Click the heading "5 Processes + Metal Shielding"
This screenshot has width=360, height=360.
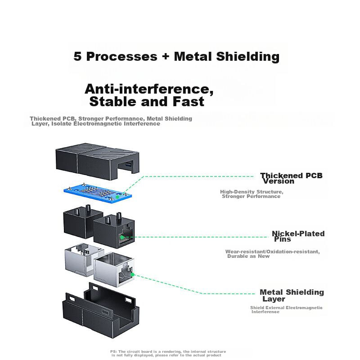click(x=176, y=57)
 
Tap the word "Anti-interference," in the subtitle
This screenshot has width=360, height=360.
click(x=149, y=89)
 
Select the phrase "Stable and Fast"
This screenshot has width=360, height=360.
click(x=147, y=102)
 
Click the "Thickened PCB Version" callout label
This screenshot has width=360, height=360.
click(x=291, y=178)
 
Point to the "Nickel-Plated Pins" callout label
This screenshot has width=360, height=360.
click(x=297, y=236)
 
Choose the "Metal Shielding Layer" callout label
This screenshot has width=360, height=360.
click(x=291, y=295)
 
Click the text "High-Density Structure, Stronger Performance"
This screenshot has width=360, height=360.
click(x=252, y=194)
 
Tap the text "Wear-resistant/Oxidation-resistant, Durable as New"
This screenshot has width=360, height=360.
click(x=273, y=254)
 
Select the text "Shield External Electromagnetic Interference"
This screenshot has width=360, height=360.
click(x=286, y=310)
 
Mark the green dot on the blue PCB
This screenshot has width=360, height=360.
click(x=117, y=196)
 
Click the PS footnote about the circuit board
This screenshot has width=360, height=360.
click(x=168, y=353)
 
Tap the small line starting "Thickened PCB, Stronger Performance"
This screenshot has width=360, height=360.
click(x=111, y=121)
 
